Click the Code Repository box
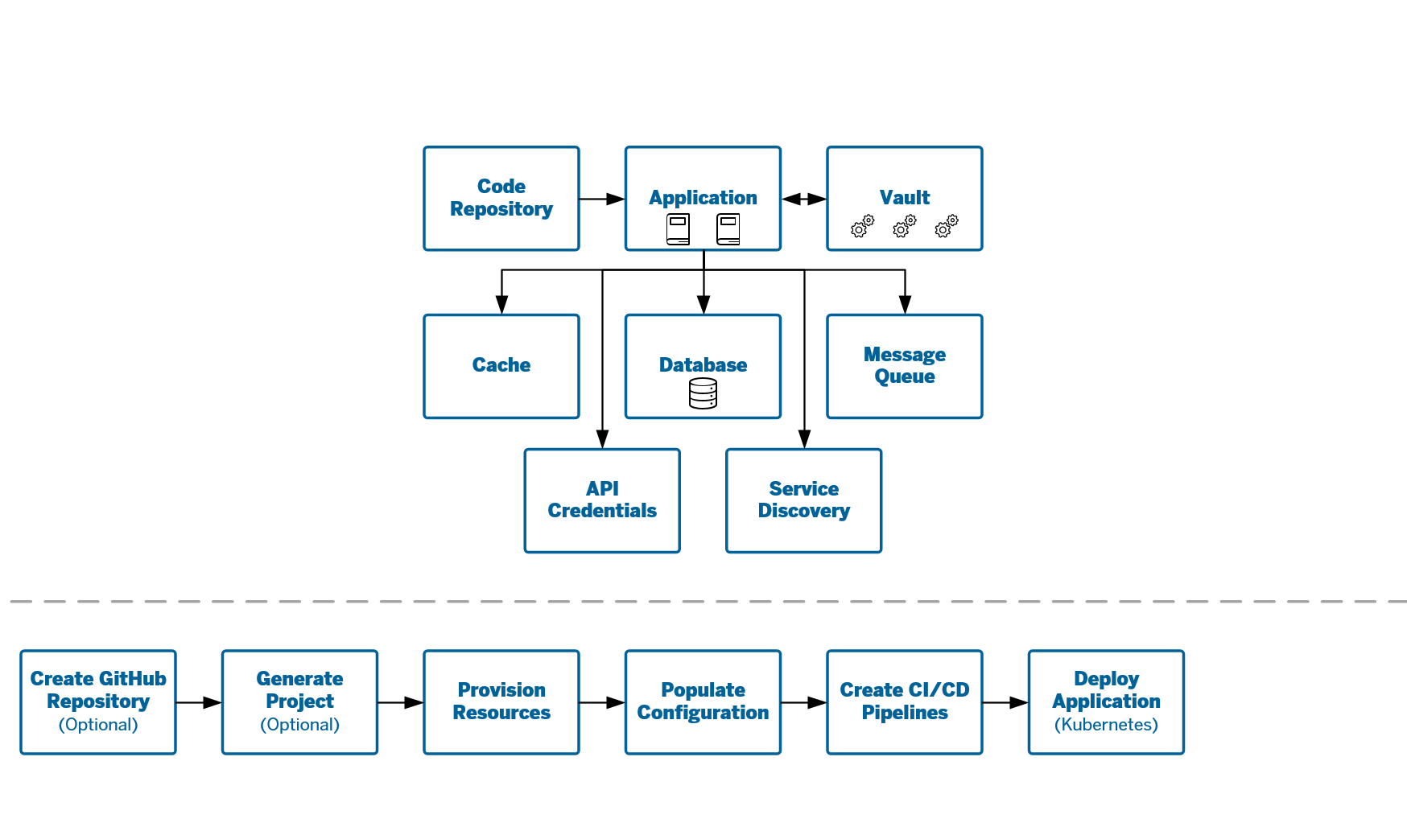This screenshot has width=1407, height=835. coord(501,199)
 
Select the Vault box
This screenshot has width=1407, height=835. coord(905,199)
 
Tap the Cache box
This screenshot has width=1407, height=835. coord(501,366)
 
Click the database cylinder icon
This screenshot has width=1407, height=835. coord(703,393)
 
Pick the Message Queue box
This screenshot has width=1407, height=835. coord(905,366)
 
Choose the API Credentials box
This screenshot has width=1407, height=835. coord(602,500)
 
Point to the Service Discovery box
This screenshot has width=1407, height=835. coord(804,500)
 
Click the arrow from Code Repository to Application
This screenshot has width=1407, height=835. coord(602,199)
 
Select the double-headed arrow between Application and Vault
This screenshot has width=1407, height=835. coord(804,199)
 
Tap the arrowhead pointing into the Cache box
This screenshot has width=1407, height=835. coord(501,304)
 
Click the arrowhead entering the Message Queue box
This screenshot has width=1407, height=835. coord(905,304)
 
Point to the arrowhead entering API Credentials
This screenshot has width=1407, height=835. coord(602,438)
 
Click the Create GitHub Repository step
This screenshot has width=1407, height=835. coord(98,702)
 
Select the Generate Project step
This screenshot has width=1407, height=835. coord(299,702)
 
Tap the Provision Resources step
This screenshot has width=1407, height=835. coord(501,702)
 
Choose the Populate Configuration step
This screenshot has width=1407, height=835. coord(703,702)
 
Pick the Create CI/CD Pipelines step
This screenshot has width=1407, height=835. coord(905,702)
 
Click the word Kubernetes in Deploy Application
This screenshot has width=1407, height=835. coord(1106,725)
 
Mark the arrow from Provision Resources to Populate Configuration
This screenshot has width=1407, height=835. coord(602,702)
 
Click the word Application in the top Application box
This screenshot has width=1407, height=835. coord(703,198)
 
